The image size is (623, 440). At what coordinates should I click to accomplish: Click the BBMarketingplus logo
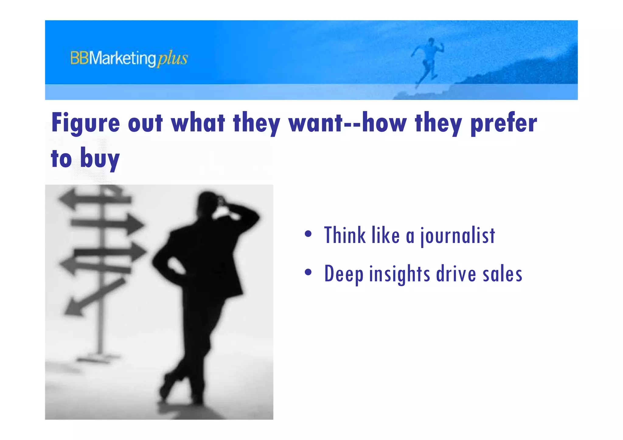tap(129, 58)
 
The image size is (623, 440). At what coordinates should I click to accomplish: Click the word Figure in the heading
tap(85, 123)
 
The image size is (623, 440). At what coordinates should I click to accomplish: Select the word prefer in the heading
tap(503, 123)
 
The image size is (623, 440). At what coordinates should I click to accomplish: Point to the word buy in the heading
tap(100, 158)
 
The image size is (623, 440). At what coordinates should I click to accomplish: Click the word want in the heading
tap(316, 123)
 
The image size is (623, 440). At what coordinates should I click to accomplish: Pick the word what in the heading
tap(198, 123)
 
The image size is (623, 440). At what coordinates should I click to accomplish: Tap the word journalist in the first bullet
tap(458, 236)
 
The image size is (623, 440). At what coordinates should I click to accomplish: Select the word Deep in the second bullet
tap(344, 274)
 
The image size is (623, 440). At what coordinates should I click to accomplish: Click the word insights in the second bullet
tap(399, 274)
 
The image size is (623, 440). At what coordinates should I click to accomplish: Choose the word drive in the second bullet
tap(456, 274)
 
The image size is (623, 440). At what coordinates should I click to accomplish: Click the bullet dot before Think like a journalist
tap(308, 234)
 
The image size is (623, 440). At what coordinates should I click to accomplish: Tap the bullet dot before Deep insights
tap(308, 272)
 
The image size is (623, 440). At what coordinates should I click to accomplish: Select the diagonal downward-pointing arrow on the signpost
tap(91, 298)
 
